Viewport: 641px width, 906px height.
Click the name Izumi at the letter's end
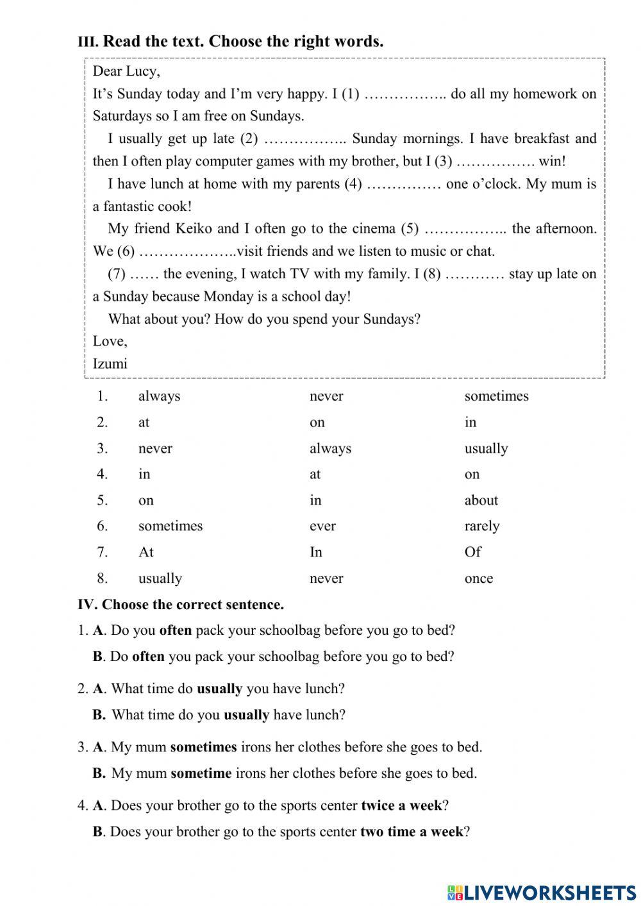click(x=110, y=364)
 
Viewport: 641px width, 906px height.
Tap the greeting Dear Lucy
click(x=126, y=71)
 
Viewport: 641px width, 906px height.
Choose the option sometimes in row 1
click(x=496, y=396)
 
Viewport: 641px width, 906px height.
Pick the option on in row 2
click(x=317, y=422)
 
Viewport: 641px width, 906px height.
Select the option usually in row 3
click(x=486, y=448)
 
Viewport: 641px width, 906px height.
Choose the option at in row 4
click(x=315, y=474)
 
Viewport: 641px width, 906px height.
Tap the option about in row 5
click(x=481, y=500)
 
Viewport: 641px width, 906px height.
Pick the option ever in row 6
click(x=322, y=526)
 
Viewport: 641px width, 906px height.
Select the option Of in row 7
click(x=472, y=552)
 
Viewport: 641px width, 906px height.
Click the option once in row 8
click(x=478, y=578)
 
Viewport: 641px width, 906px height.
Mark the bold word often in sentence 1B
click(x=148, y=657)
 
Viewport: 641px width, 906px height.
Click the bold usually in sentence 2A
click(x=219, y=689)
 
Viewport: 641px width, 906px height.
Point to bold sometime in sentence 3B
click(x=201, y=773)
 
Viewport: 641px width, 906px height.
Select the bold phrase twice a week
click(x=401, y=805)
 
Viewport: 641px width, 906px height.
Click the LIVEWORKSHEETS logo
click(x=542, y=892)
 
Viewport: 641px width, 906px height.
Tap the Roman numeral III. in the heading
click(x=88, y=42)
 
